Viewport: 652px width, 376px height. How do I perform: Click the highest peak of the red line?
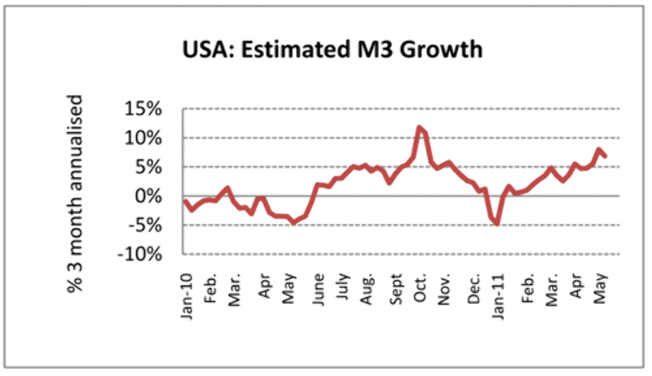tap(419, 127)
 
